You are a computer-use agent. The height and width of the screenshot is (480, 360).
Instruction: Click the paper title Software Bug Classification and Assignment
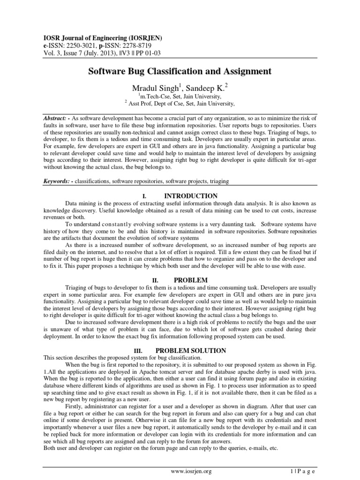pyautogui.click(x=180, y=71)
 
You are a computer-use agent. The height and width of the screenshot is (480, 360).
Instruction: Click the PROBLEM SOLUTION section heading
pyautogui.click(x=184, y=350)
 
